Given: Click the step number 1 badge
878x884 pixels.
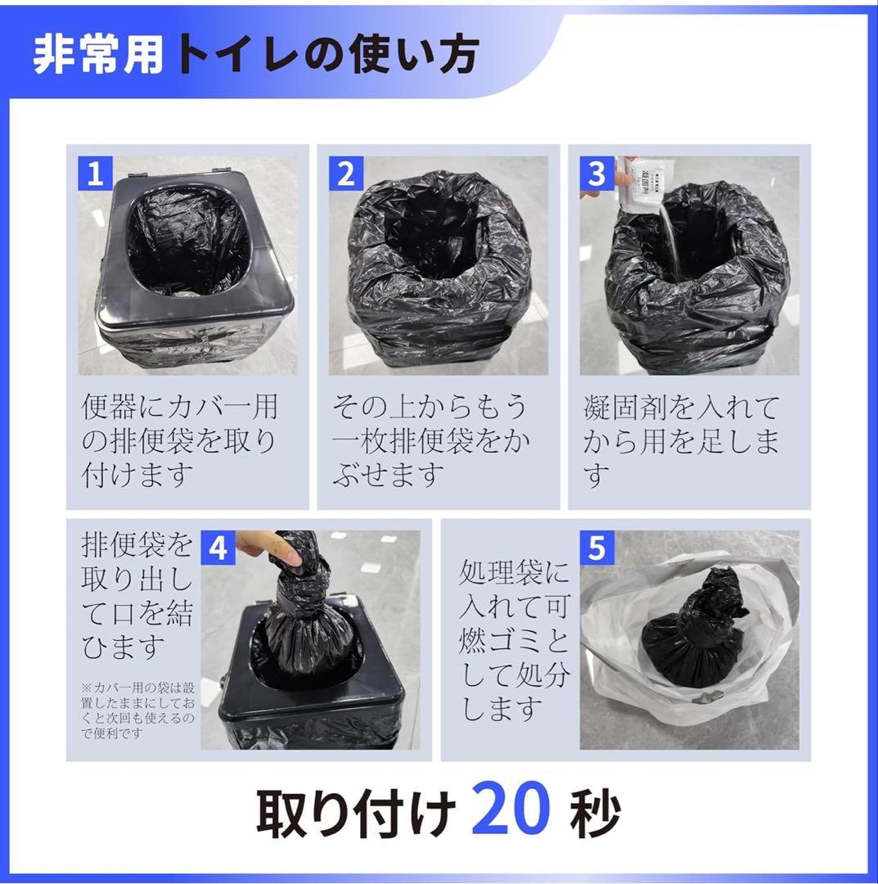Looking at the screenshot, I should click(95, 174).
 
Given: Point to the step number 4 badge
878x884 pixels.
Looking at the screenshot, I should click(218, 548).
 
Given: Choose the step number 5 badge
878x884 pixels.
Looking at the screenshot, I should click(597, 548).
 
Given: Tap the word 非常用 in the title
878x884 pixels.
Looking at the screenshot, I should click(98, 56).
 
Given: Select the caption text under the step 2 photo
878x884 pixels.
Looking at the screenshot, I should click(431, 440).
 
